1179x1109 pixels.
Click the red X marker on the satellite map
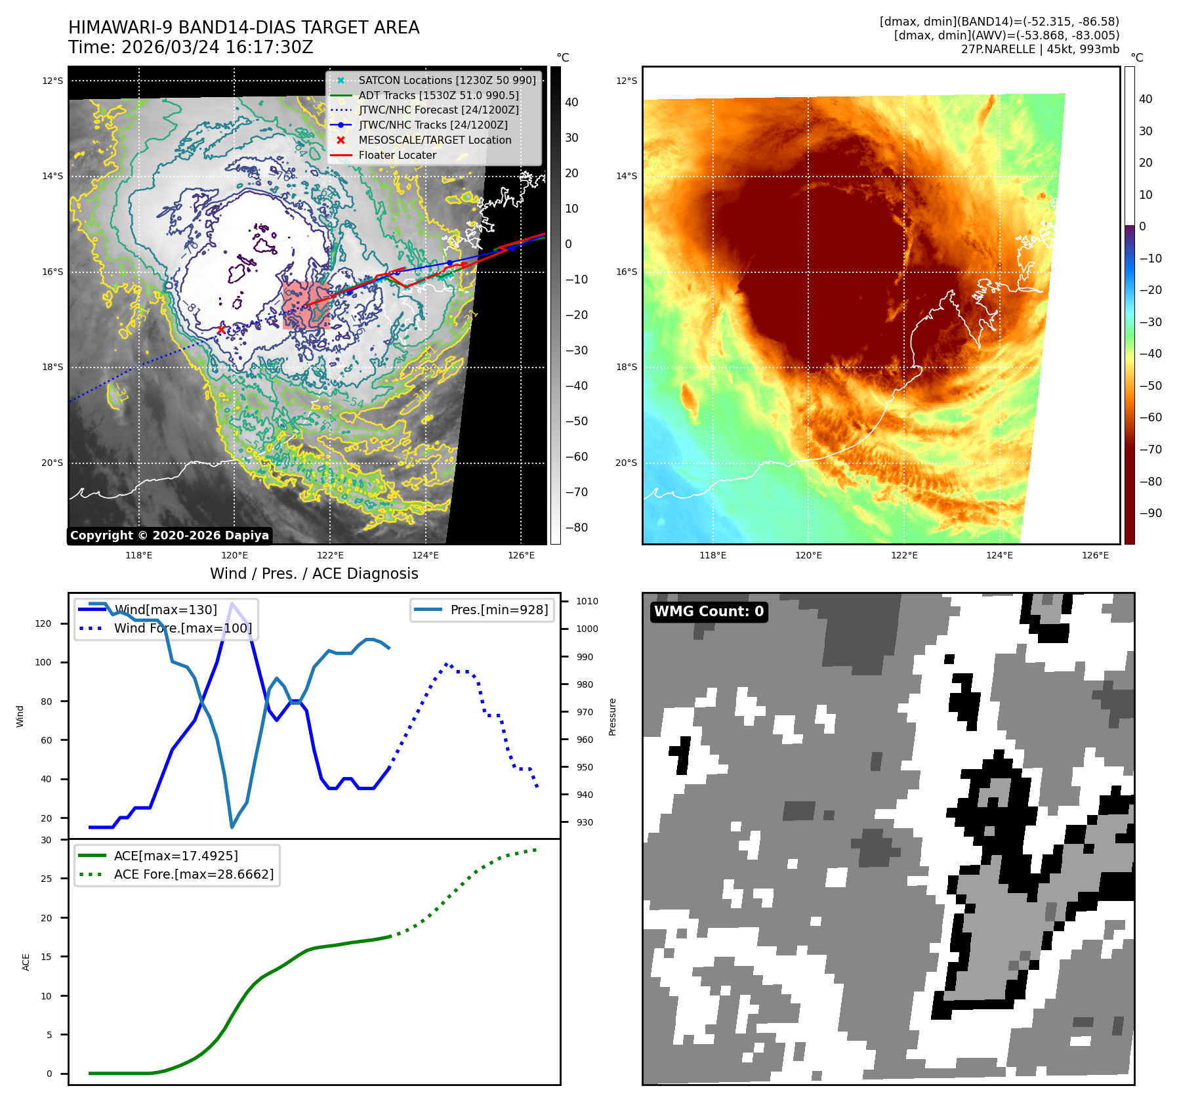pos(221,330)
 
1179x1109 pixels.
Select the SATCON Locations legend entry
pos(447,80)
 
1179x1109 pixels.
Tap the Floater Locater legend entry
pos(397,155)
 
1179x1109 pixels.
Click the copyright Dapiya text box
pos(169,535)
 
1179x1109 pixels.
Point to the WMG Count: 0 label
pos(709,612)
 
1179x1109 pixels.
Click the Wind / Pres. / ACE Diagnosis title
pos(314,574)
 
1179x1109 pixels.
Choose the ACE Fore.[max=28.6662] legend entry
pos(194,874)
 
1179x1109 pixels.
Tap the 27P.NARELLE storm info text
pos(1040,49)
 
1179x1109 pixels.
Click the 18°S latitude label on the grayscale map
pos(52,367)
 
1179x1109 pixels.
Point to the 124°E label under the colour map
pos(999,555)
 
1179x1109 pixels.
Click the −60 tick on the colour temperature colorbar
pos(1150,417)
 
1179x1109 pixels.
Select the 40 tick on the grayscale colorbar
pos(571,102)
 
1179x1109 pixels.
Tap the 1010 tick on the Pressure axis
pos(587,601)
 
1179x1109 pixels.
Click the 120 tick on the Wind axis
pos(43,623)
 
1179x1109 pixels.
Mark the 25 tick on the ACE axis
pos(46,879)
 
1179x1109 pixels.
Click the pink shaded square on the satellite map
pos(306,305)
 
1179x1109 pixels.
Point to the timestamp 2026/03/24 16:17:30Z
pos(217,47)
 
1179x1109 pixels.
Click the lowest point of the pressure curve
pos(232,827)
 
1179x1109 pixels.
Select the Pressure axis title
pos(612,717)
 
